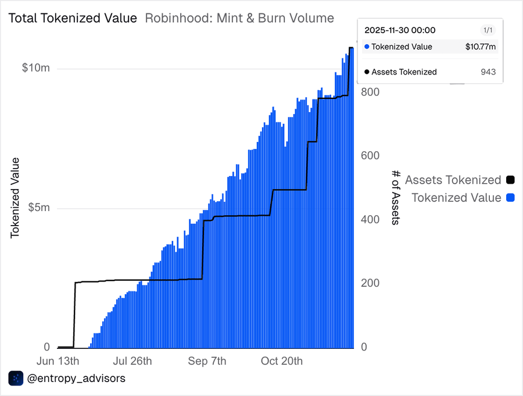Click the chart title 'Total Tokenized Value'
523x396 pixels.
tap(73, 18)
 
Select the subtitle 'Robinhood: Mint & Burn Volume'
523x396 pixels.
tap(239, 18)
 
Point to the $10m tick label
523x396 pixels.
tap(36, 68)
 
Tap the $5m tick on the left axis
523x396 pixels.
tap(39, 208)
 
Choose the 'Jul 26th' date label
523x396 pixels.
tap(133, 361)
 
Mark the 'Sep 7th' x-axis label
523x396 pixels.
tap(207, 361)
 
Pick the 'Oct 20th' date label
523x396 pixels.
tap(282, 361)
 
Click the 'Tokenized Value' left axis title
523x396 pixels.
tap(16, 198)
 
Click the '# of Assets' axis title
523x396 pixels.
tap(396, 198)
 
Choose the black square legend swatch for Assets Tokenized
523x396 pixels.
tap(511, 180)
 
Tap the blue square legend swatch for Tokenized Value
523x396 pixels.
tap(511, 198)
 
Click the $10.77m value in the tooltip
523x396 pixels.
tap(481, 47)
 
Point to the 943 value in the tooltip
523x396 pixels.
tap(488, 72)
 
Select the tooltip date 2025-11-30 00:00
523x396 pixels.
tap(400, 30)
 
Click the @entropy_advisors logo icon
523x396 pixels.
tap(16, 379)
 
